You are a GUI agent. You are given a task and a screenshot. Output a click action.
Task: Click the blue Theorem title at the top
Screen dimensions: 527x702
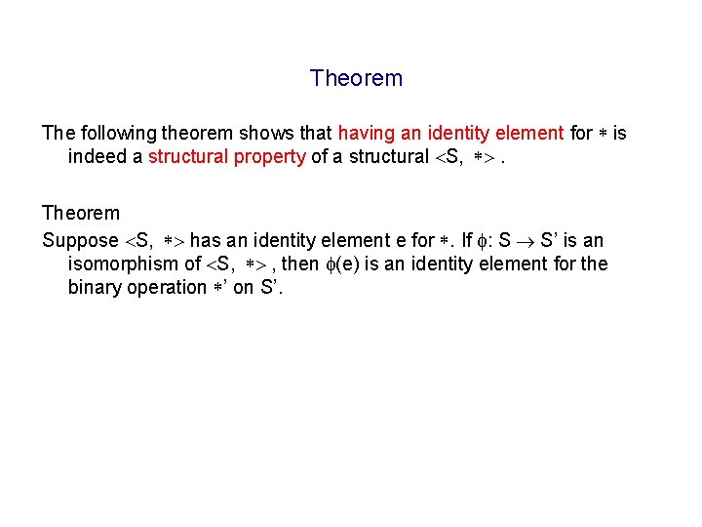click(356, 78)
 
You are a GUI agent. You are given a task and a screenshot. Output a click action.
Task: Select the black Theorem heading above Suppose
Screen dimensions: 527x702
click(81, 213)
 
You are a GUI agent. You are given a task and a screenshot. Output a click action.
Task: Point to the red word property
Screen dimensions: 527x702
click(271, 157)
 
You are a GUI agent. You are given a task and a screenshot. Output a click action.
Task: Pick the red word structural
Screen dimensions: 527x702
click(186, 157)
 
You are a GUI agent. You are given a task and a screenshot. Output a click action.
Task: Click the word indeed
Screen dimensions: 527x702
click(95, 157)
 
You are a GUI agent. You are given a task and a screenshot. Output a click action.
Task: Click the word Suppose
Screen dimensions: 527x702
click(79, 240)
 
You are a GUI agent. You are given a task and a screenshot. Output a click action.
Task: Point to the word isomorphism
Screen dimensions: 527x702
click(124, 263)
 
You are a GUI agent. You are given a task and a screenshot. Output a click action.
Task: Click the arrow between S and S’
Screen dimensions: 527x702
click(525, 240)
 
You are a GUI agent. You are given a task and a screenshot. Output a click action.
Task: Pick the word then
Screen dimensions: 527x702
click(298, 263)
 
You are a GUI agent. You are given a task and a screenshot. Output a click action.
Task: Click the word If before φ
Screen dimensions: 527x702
click(467, 240)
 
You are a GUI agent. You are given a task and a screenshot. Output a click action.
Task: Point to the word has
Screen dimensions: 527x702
click(205, 240)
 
